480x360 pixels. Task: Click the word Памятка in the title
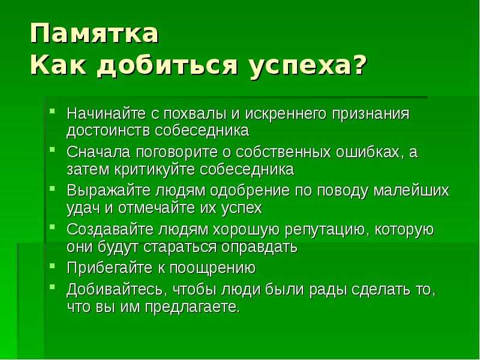(x=94, y=33)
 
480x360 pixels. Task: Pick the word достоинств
(x=109, y=131)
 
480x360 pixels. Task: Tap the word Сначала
(x=98, y=152)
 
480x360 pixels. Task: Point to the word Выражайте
(x=109, y=190)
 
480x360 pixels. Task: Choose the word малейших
(x=411, y=190)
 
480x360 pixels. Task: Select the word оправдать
(x=259, y=247)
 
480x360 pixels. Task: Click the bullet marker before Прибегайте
(x=52, y=265)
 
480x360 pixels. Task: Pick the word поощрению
(x=212, y=268)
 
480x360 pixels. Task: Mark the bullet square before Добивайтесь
(x=52, y=287)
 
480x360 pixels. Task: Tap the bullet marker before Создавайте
(x=52, y=227)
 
